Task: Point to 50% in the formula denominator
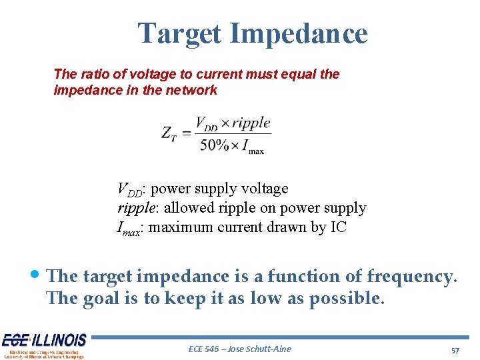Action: [x=213, y=145]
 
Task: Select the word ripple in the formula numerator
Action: [x=251, y=123]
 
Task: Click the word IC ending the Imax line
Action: [x=338, y=227]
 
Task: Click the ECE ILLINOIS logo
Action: [x=44, y=346]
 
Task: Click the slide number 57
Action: [x=456, y=350]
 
